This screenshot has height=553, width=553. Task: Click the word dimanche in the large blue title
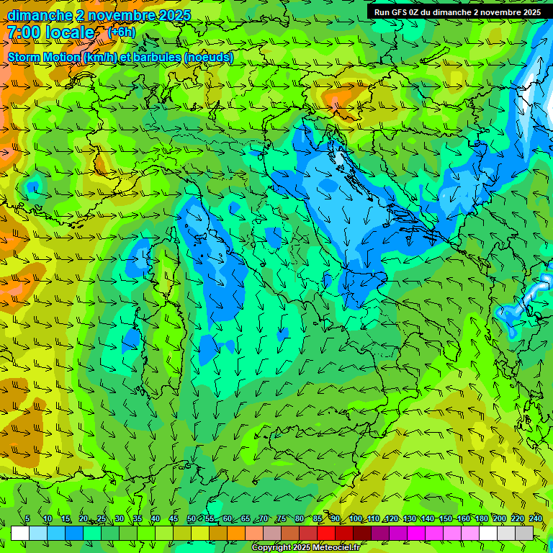pyautogui.click(x=40, y=15)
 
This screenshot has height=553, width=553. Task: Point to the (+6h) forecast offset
pyautogui.click(x=121, y=32)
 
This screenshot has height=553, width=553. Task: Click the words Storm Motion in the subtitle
pyautogui.click(x=42, y=57)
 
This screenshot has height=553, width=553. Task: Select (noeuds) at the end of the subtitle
pyautogui.click(x=209, y=57)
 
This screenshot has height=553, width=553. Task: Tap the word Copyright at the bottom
pyautogui.click(x=272, y=548)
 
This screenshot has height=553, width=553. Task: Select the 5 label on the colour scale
pyautogui.click(x=28, y=519)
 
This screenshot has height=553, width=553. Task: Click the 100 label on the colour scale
pyautogui.click(x=356, y=519)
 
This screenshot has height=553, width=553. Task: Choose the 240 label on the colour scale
pyautogui.click(x=536, y=519)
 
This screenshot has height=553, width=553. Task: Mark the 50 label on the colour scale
pyautogui.click(x=192, y=519)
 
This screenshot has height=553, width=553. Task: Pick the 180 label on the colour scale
pyautogui.click(x=481, y=519)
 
